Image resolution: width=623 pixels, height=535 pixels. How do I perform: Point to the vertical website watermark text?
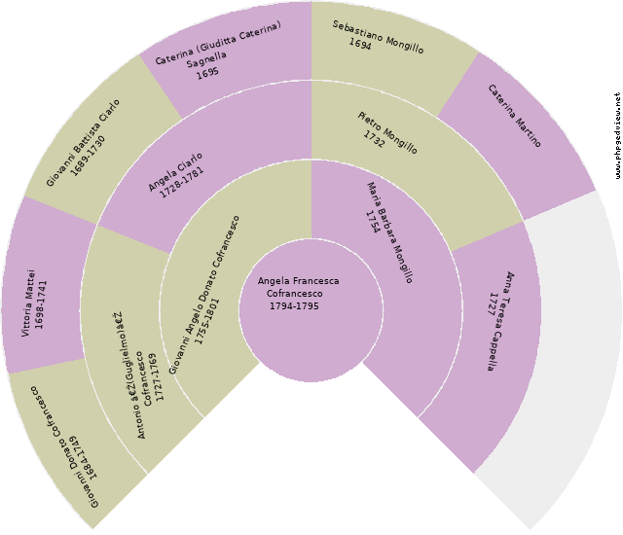(x=617, y=135)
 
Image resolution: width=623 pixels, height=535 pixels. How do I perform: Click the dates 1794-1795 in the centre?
(x=294, y=305)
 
